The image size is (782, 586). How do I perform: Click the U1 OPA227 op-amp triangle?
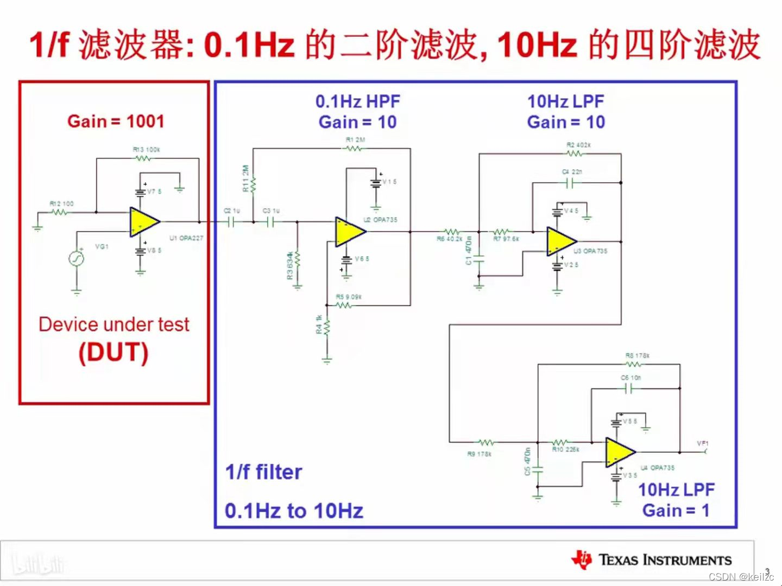point(143,222)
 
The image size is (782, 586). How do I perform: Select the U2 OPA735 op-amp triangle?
point(349,232)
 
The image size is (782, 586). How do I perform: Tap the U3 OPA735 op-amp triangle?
point(560,241)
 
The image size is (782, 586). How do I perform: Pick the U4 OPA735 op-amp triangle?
point(619,452)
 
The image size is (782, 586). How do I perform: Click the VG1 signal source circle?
point(77,258)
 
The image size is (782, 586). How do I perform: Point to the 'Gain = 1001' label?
point(116,121)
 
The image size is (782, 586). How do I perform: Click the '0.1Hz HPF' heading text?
point(358,101)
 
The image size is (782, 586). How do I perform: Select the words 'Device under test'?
point(114,324)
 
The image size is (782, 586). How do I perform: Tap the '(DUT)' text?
point(113,353)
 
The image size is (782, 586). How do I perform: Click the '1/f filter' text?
point(264,472)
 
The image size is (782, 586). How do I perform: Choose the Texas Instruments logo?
point(651,559)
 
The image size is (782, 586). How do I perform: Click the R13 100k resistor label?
point(146,149)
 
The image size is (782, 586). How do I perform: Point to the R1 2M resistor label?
point(355,139)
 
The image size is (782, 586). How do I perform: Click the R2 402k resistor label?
point(578,145)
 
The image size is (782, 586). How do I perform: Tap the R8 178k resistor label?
point(637,355)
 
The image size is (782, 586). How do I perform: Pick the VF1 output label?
point(703,443)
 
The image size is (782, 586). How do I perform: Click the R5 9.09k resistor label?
point(349,297)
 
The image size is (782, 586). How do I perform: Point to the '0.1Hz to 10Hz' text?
point(294,511)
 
